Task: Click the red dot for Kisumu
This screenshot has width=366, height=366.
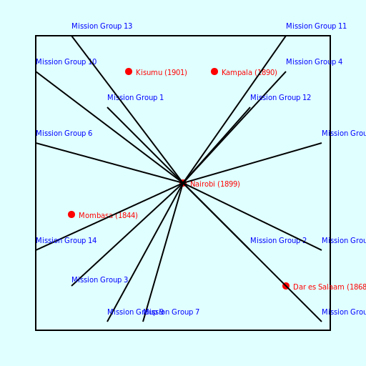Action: point(129,71)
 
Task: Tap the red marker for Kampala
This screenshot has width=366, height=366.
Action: point(214,71)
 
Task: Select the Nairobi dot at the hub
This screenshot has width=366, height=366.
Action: point(183,184)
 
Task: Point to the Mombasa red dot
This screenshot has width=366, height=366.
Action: point(71,214)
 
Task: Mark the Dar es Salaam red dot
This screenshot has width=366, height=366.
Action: point(286,286)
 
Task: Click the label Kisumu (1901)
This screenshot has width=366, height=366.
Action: point(162,73)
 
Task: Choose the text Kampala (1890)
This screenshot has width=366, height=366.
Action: point(249,73)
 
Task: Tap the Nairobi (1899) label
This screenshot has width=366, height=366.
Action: point(215,184)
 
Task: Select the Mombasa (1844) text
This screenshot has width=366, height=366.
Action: point(108,216)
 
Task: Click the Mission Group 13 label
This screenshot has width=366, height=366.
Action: point(102,26)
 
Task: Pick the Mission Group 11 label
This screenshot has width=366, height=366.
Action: point(316,26)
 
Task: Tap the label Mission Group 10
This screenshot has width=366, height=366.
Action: point(66,62)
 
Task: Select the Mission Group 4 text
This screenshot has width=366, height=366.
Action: point(314,62)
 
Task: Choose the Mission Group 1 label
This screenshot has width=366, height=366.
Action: point(135,98)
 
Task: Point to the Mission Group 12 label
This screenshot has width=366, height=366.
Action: point(280,98)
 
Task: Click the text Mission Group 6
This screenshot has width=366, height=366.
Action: point(64,134)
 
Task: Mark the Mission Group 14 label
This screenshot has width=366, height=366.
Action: point(66,241)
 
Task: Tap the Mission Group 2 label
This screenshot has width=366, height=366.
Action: point(278,241)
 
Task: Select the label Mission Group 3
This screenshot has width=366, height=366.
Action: point(99,280)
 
